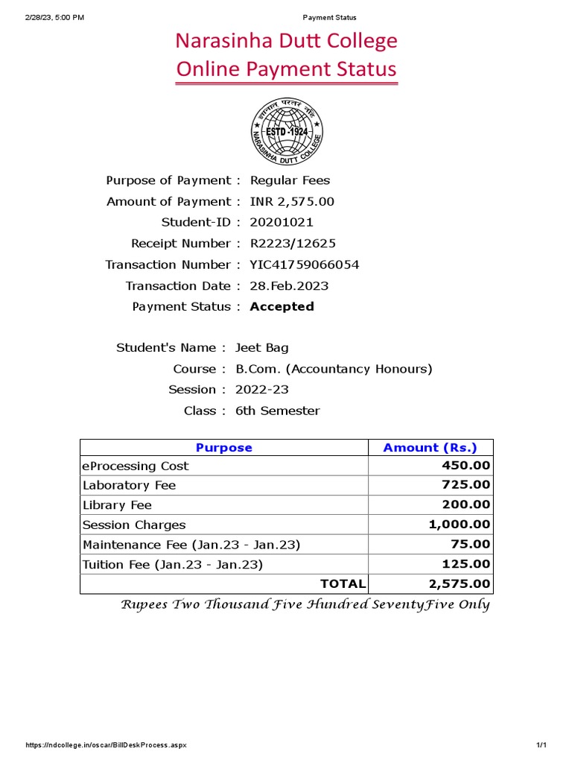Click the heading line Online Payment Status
286,69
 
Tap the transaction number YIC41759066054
299,265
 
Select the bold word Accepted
282,306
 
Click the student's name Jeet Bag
261,347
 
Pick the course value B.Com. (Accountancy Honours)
334,369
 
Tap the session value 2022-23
261,390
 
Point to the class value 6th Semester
277,411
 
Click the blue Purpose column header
223,448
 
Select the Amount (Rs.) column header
430,448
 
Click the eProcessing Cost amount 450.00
465,466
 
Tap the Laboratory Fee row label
129,485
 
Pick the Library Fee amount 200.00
465,504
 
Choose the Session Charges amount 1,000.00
460,525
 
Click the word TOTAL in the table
343,583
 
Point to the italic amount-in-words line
305,604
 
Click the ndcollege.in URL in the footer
107,745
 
